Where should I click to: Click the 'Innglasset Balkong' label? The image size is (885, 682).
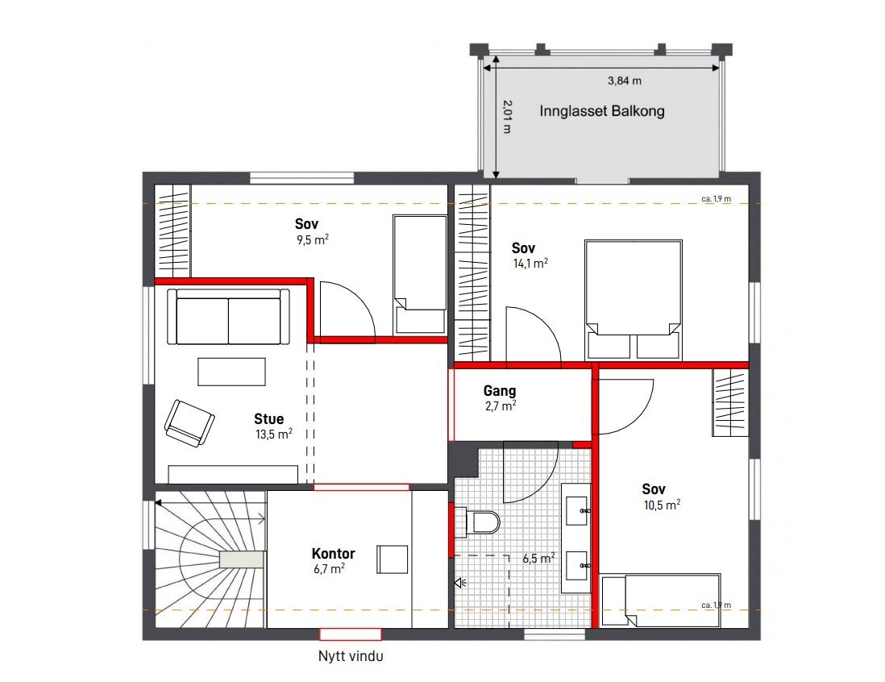[x=601, y=111]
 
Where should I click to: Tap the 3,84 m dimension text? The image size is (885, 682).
[x=625, y=81]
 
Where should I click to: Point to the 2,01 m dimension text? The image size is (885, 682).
[x=506, y=117]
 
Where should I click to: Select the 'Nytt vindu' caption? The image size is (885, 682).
[x=351, y=656]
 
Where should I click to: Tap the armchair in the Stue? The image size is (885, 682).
[x=189, y=422]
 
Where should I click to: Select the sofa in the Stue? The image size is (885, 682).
[x=228, y=317]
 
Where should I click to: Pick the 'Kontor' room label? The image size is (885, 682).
[x=333, y=554]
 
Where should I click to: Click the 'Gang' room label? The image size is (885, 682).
[x=500, y=391]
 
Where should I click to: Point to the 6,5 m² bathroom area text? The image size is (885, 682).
[x=539, y=558]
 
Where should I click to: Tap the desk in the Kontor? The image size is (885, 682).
[x=392, y=559]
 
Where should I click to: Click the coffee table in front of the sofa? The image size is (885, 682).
[x=231, y=372]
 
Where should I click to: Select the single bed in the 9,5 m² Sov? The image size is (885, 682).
[x=419, y=274]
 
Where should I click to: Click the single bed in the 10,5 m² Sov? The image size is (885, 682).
[x=660, y=600]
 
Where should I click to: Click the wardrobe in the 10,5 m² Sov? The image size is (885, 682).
[x=730, y=402]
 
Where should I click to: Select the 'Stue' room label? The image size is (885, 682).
[x=268, y=419]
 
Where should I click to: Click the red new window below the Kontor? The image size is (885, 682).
[x=351, y=634]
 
